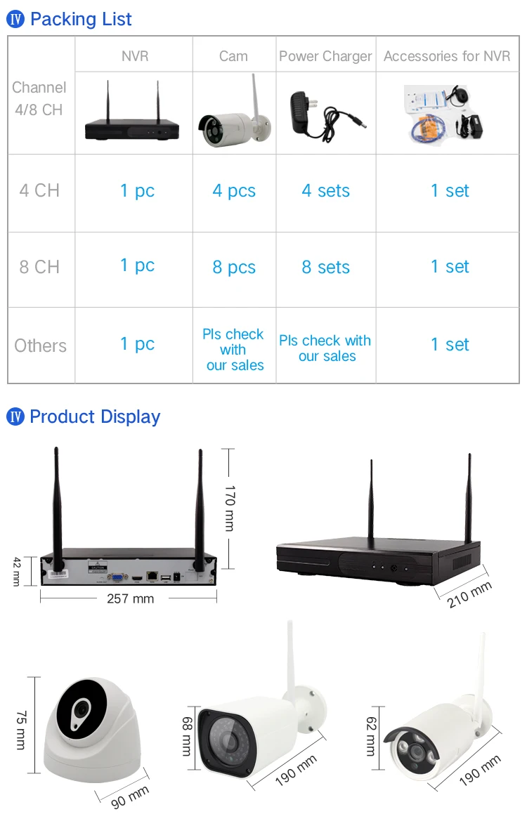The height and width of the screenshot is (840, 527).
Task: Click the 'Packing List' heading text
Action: click(x=81, y=19)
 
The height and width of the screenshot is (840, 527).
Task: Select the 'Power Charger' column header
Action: click(x=325, y=56)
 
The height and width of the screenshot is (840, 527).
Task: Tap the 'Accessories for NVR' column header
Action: click(x=447, y=56)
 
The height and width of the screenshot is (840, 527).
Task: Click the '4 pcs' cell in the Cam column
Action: click(x=234, y=191)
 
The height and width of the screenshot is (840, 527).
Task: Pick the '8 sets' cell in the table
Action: click(x=325, y=268)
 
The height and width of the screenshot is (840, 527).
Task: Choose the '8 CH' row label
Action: click(x=40, y=268)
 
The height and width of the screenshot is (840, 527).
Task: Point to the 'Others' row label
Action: click(x=40, y=346)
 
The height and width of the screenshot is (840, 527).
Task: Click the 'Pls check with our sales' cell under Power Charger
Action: click(x=325, y=348)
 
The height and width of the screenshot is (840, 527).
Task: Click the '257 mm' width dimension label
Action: click(x=130, y=598)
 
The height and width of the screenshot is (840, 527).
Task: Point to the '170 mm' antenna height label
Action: click(x=229, y=507)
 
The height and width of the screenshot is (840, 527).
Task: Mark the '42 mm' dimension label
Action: click(x=17, y=571)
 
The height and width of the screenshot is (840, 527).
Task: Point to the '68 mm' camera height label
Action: click(x=187, y=735)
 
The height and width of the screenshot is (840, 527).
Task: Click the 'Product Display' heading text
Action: click(x=95, y=417)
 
